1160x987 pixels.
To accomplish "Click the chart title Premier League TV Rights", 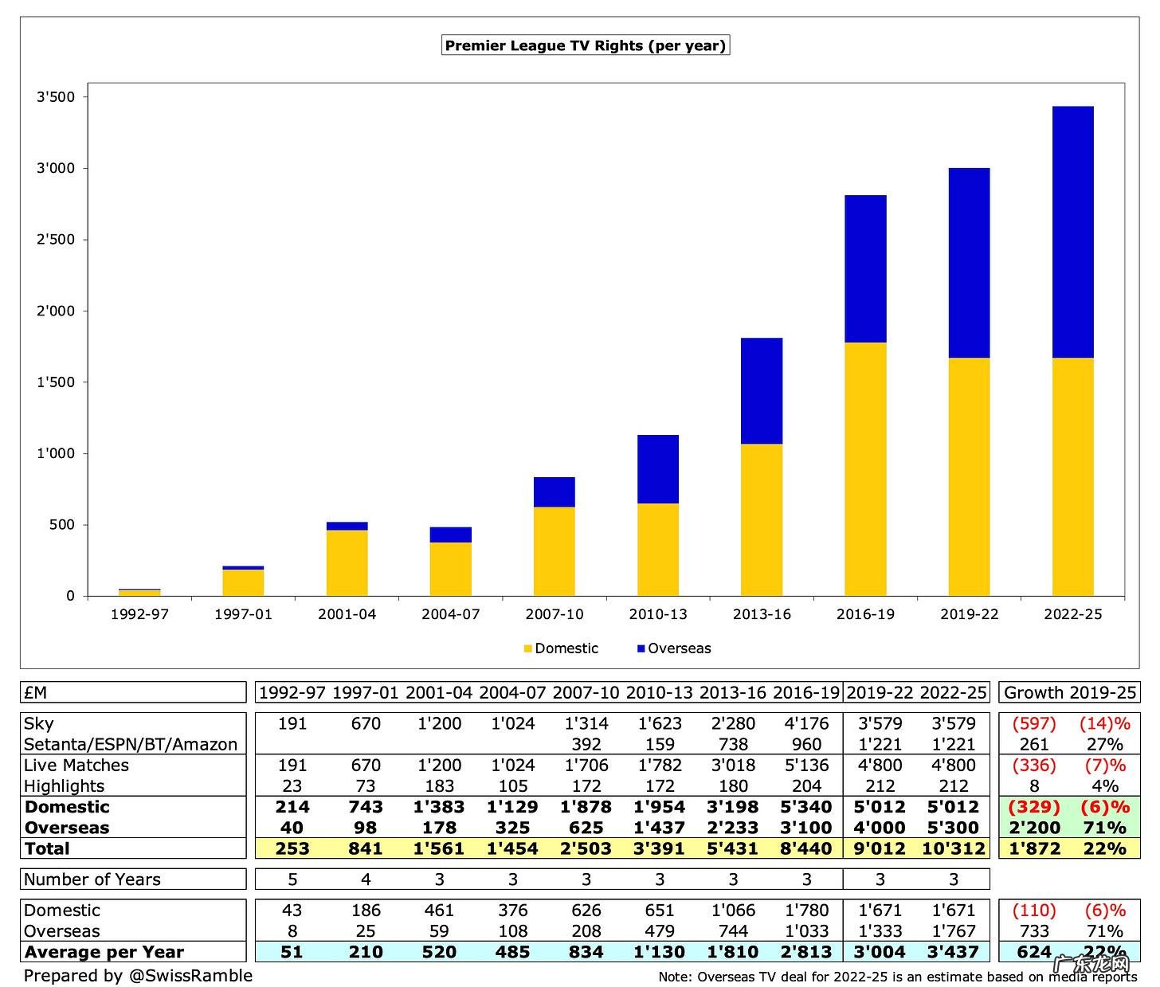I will click(585, 45).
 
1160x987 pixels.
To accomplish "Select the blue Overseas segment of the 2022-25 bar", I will click(1072, 231).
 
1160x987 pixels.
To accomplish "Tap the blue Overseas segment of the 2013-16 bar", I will click(762, 390).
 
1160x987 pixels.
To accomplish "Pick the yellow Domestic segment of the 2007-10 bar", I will click(555, 551).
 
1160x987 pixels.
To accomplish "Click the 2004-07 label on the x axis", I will click(451, 614).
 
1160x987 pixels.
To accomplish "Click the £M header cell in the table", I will click(36, 693).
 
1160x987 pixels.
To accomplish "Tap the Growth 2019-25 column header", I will click(1068, 693).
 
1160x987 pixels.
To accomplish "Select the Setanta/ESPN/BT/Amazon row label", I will click(131, 744).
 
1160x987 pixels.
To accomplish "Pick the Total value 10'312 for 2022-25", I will click(953, 848).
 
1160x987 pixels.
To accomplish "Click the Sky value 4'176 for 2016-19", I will click(806, 723).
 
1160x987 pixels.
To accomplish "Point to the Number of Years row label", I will click(92, 879).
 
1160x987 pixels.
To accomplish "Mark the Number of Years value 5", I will click(292, 879).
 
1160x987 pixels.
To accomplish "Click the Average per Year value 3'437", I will click(953, 952).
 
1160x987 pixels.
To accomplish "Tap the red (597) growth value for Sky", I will click(1033, 723).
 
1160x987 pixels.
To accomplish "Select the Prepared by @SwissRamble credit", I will click(138, 976).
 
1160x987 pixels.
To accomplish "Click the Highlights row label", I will click(65, 786).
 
